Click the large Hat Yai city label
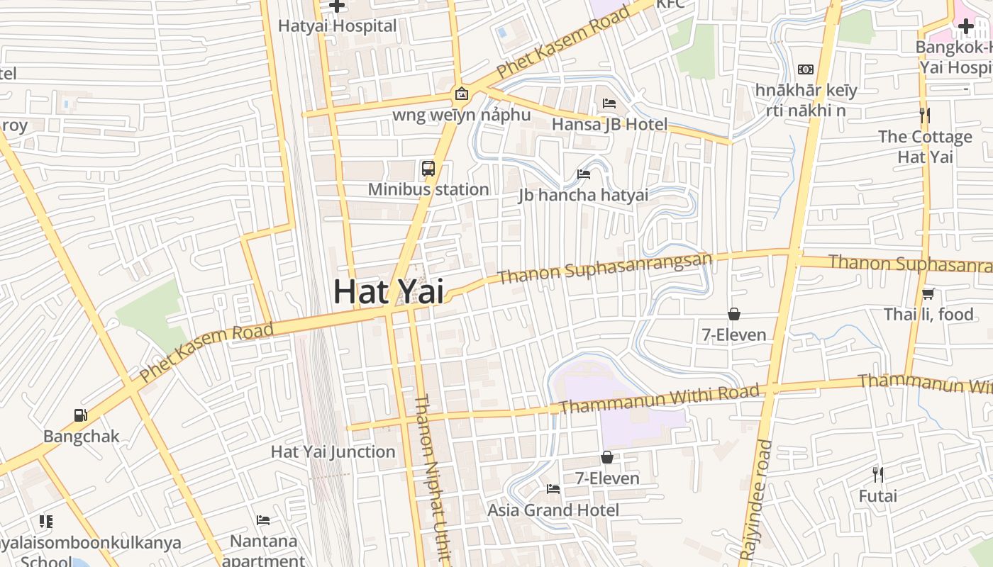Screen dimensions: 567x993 click(x=389, y=292)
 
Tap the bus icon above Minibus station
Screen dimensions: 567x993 click(x=428, y=169)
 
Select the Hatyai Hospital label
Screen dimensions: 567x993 click(x=337, y=26)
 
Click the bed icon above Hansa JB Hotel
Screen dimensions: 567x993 click(x=609, y=103)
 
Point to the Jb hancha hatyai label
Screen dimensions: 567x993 click(x=583, y=195)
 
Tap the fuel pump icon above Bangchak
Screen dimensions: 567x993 click(x=81, y=415)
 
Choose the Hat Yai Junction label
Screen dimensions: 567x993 click(x=333, y=451)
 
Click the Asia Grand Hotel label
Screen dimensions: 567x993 click(x=553, y=510)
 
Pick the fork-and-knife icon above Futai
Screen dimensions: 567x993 click(x=877, y=475)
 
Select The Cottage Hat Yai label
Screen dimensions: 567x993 click(x=925, y=147)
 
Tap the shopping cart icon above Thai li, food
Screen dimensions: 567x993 click(x=928, y=293)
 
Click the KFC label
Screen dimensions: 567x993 click(x=670, y=4)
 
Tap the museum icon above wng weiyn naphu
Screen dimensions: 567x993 click(x=461, y=94)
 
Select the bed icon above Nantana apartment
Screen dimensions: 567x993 click(x=263, y=520)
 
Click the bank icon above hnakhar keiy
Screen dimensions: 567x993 click(x=805, y=69)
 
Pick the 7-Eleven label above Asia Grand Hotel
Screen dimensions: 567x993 click(x=606, y=478)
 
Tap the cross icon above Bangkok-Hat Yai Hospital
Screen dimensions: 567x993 click(x=965, y=27)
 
